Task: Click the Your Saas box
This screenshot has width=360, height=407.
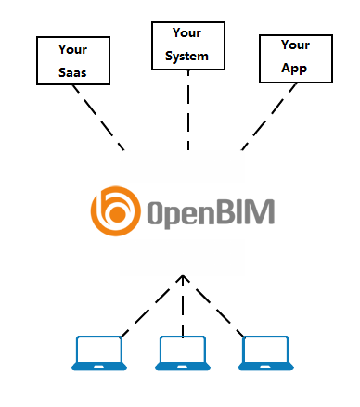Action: [x=72, y=60]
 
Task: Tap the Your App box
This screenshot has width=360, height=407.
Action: [x=294, y=57]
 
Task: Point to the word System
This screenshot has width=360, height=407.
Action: [x=187, y=57]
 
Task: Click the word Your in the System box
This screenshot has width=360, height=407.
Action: [x=187, y=34]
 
